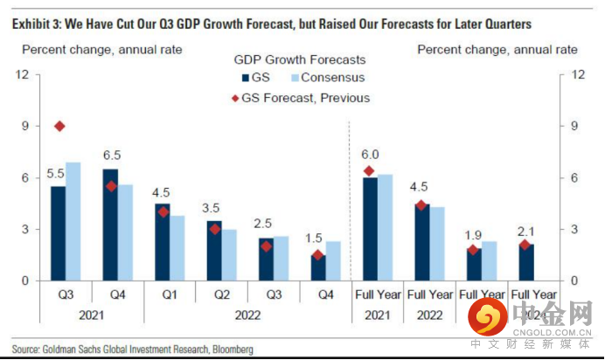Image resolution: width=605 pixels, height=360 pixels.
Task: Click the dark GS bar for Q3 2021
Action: point(58,232)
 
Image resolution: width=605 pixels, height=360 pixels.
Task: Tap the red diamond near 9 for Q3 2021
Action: point(59,127)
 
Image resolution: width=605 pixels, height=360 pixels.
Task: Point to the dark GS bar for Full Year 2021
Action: point(371,228)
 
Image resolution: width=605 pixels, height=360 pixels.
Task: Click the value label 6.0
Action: point(371,155)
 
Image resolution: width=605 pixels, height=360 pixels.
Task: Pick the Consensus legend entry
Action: point(326,79)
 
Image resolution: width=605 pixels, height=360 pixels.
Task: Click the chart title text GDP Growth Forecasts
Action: point(300,60)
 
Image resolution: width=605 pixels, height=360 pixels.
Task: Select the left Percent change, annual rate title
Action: point(101,49)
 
